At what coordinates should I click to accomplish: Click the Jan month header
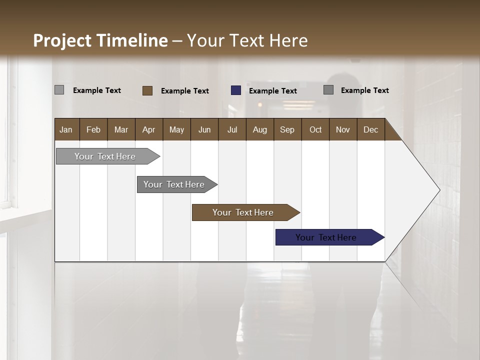click(x=66, y=129)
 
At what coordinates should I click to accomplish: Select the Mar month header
click(x=121, y=129)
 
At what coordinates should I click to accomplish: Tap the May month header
click(x=176, y=129)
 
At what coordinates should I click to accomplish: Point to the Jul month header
click(x=232, y=129)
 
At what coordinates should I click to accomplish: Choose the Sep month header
click(x=287, y=129)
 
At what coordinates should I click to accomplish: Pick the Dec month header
click(x=370, y=129)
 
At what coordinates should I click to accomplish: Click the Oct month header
click(x=315, y=129)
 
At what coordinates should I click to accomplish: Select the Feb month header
click(x=93, y=129)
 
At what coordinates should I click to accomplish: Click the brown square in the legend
click(x=147, y=90)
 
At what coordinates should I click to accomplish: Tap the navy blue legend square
click(x=236, y=90)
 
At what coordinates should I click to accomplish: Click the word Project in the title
click(x=62, y=40)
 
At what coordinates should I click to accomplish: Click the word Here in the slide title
click(x=288, y=40)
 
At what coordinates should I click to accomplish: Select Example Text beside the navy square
click(x=273, y=91)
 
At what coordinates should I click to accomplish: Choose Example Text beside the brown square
click(x=185, y=91)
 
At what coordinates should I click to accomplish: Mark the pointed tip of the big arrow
click(x=439, y=190)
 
